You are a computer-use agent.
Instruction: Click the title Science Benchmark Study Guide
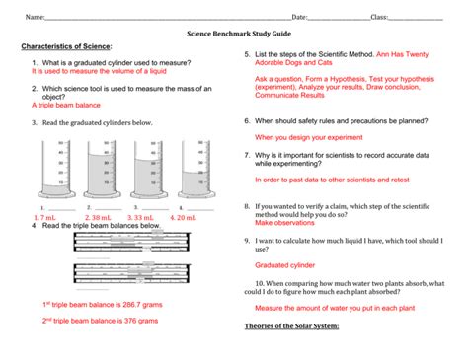(x=234, y=33)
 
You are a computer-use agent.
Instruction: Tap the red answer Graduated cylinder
(x=288, y=265)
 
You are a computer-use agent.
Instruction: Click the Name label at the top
(x=35, y=17)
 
